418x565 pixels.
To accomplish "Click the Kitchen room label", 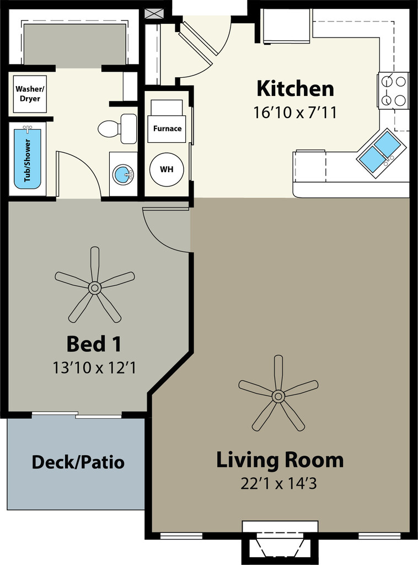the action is pos(295,89).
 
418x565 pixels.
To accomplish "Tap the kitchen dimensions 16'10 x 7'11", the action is pos(295,113).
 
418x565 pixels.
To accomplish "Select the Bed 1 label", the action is pos(94,344).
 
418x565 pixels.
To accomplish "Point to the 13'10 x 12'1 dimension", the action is pos(94,368).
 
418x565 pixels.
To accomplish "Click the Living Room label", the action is pos(280,460).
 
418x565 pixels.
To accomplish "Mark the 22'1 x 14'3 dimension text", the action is pos(278,483).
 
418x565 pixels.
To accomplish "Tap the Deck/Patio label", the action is pos(78,462).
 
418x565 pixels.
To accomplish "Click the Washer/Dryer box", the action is pos(30,94).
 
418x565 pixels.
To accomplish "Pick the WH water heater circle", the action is pos(167,169).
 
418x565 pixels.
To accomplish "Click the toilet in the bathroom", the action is pos(117,129).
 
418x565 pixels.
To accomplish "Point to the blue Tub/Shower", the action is pos(28,158).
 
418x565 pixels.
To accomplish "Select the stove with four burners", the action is pos(394,90).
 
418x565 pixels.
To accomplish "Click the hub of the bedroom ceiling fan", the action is pos(95,287).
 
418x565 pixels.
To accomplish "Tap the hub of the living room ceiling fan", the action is pos(278,396).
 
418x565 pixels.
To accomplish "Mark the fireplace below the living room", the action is pos(280,543).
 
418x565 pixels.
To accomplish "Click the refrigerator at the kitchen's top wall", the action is pos(287,25).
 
